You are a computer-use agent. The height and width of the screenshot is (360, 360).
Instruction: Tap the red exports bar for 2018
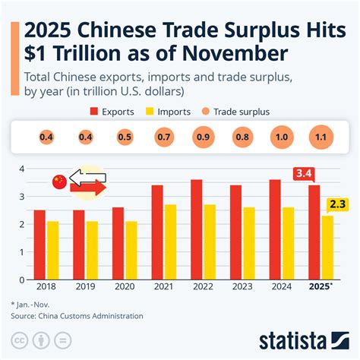pos(39,244)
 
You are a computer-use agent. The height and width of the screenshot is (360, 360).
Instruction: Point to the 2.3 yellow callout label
pos(338,204)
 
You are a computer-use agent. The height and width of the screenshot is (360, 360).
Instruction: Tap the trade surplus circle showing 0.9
pos(204,137)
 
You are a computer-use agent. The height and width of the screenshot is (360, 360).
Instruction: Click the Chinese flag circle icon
pos(59,182)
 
